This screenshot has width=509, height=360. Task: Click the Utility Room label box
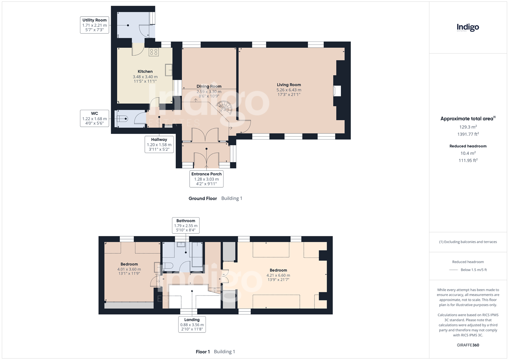click(x=94, y=25)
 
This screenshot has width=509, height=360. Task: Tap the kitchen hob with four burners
click(x=153, y=52)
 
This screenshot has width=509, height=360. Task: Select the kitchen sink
click(x=169, y=70)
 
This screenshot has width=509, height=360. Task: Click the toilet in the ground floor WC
click(x=123, y=119)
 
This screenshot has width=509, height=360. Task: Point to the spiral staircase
click(x=224, y=108)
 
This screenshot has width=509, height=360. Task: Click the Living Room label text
click(x=289, y=85)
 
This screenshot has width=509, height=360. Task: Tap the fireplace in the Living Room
click(x=337, y=90)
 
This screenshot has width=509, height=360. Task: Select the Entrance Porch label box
click(x=206, y=179)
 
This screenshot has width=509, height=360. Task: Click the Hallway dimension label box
click(x=159, y=144)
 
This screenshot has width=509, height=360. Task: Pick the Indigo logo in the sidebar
click(x=468, y=28)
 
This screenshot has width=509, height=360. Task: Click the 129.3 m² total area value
click(x=468, y=127)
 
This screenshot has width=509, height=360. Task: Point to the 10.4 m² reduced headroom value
click(x=468, y=153)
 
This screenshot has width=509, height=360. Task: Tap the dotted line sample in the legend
click(x=454, y=270)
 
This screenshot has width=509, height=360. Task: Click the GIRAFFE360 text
click(x=468, y=345)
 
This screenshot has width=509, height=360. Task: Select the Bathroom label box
click(x=186, y=225)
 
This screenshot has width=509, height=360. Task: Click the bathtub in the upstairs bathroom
click(x=197, y=254)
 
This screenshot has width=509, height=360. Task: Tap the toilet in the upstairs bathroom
click(x=167, y=266)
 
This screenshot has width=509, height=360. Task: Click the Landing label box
click(x=192, y=324)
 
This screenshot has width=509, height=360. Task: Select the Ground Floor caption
click(x=203, y=199)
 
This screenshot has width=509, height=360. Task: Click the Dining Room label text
click(x=209, y=86)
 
